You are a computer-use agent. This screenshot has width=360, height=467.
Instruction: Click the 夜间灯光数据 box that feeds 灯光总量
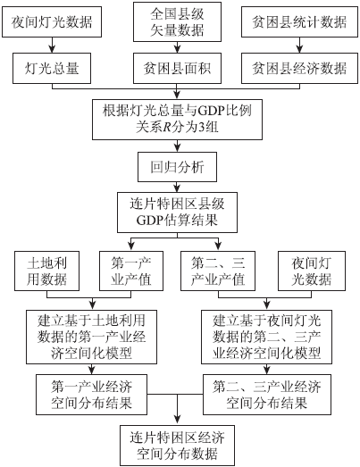tap(52, 22)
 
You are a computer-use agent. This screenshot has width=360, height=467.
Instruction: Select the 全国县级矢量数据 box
tap(177, 21)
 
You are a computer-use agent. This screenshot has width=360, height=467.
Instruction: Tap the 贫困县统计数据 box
tap(299, 22)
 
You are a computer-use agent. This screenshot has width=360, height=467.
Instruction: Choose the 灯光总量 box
tap(52, 69)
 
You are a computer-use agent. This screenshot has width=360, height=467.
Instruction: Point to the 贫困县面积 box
tap(177, 69)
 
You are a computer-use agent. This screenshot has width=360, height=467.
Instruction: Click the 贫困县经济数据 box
tap(299, 69)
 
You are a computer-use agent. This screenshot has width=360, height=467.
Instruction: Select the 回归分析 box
tap(177, 167)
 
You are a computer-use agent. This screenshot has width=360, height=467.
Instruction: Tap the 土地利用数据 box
tap(46, 271)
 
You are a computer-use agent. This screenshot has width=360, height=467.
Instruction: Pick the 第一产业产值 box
tap(131, 271)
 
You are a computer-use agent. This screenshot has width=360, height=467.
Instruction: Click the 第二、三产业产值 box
tap(218, 271)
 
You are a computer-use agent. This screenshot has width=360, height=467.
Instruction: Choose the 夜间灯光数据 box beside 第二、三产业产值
tap(312, 271)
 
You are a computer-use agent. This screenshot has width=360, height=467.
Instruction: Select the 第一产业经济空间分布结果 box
tap(91, 395)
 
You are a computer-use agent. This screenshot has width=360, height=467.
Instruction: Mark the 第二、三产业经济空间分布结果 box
tap(267, 395)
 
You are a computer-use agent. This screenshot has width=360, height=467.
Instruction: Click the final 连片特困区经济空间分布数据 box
tap(177, 446)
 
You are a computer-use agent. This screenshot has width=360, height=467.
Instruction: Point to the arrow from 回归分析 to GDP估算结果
tap(177, 187)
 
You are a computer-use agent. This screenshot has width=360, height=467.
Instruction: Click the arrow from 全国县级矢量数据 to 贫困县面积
tap(177, 47)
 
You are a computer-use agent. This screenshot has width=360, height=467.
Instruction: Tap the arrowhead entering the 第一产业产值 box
tap(131, 246)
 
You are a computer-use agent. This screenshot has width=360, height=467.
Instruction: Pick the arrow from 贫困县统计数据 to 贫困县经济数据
tap(299, 46)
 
